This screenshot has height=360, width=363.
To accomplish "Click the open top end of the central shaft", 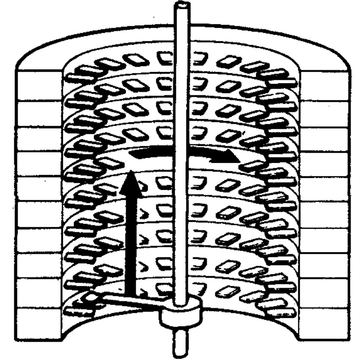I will [x=181, y=6].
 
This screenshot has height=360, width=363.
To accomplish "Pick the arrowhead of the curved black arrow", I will [x=231, y=158].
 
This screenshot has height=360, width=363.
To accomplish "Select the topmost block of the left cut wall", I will [x=39, y=78].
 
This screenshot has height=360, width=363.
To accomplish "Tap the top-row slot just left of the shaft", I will [x=164, y=57].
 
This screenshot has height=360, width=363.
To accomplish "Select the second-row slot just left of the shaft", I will [x=164, y=82].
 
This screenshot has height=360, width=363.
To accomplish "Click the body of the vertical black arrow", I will [x=131, y=238].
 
